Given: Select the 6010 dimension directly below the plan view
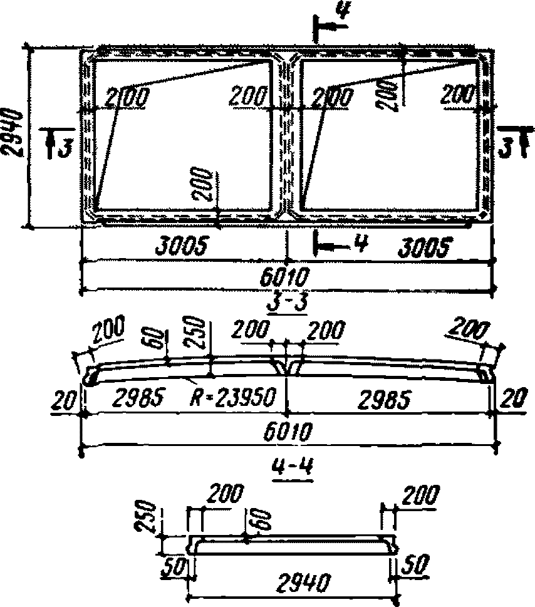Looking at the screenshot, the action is [286, 276].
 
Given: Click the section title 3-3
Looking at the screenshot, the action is [286, 303].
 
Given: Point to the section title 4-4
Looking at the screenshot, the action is [285, 467].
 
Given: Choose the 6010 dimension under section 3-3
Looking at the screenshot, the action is [285, 432].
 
